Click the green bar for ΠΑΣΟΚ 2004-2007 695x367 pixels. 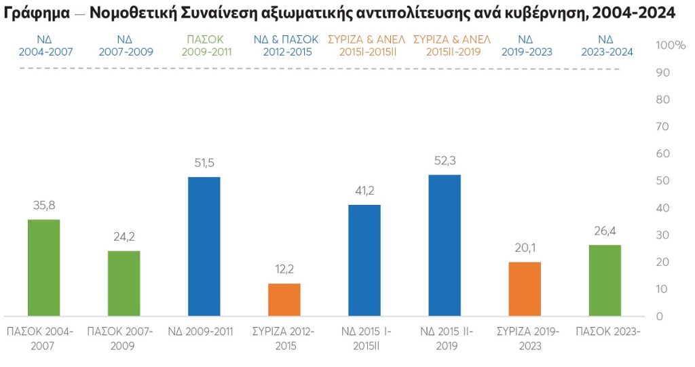[x=44, y=267]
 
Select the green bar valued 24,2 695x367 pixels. [x=124, y=283]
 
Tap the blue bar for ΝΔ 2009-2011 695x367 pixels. [x=204, y=246]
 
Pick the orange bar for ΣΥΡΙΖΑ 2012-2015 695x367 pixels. [x=284, y=299]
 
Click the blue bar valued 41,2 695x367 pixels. [x=364, y=260]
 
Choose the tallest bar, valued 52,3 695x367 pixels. [x=445, y=245]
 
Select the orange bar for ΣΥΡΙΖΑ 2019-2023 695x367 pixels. [x=525, y=288]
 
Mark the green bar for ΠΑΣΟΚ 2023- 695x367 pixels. [x=605, y=280]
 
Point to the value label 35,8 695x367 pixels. [x=44, y=206]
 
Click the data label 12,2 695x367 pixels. [x=284, y=269]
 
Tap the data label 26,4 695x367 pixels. [x=605, y=231]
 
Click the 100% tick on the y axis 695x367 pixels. [x=671, y=45]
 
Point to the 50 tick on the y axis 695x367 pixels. [x=663, y=181]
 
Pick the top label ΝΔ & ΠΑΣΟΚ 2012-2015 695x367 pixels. [x=286, y=45]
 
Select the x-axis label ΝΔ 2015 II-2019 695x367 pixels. [x=447, y=338]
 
